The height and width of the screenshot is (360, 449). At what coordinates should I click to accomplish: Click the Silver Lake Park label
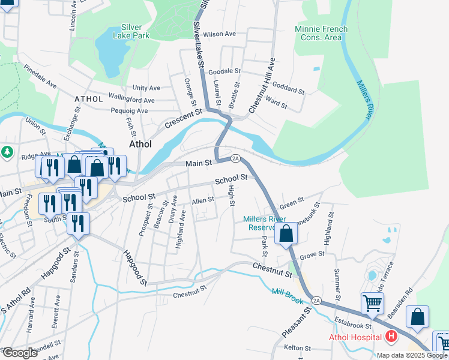pos(131,31)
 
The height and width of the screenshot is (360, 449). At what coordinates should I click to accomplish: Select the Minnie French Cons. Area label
pos(318,33)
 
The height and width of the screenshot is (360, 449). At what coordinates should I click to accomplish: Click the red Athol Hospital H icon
pos(391,337)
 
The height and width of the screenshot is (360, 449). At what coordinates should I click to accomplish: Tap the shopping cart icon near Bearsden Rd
pos(372,304)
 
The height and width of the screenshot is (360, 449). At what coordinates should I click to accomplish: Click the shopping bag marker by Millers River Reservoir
pos(286,234)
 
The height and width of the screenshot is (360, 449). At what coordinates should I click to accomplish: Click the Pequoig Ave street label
pos(129,110)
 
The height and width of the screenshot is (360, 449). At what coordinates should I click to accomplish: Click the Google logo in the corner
pos(20,353)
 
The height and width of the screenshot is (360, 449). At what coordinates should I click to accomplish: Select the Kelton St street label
pos(297,348)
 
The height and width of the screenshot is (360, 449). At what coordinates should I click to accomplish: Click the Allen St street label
pos(202,200)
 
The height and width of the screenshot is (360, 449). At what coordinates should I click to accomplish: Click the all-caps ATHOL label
pos(89,98)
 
